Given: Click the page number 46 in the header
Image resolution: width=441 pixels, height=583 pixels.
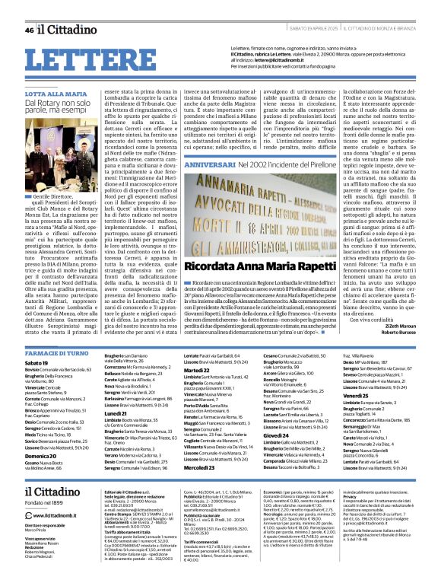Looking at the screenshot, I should coord(29,30).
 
